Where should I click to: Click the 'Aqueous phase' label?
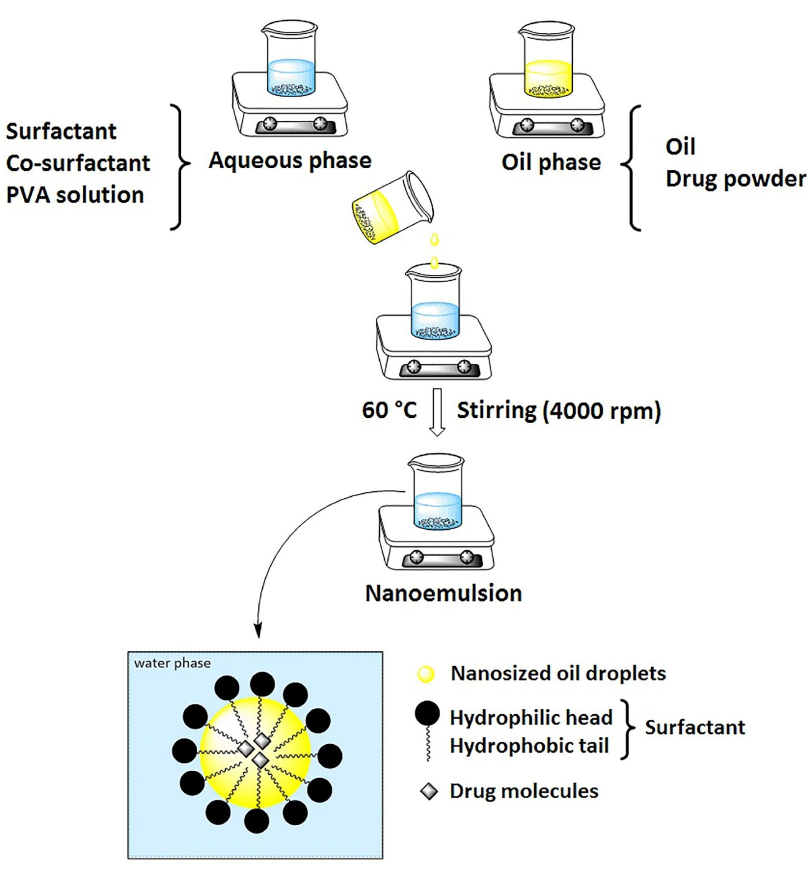click(x=290, y=161)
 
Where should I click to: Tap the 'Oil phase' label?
click(x=551, y=162)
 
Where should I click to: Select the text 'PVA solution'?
click(x=75, y=195)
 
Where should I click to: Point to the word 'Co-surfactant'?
click(x=78, y=163)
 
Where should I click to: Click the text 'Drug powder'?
click(x=735, y=179)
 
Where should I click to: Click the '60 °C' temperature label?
click(x=389, y=410)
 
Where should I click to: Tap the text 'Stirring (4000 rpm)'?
click(x=559, y=411)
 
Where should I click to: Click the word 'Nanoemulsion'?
click(x=443, y=593)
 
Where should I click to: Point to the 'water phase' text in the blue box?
click(x=172, y=664)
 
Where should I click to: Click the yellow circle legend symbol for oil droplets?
click(x=426, y=674)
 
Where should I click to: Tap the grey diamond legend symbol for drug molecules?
click(x=429, y=792)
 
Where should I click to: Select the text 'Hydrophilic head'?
click(x=531, y=718)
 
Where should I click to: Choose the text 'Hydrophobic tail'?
click(x=529, y=746)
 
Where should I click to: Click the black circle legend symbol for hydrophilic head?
click(x=427, y=713)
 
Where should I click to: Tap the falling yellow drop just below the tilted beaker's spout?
click(x=434, y=239)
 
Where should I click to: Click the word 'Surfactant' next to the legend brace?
click(x=695, y=728)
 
